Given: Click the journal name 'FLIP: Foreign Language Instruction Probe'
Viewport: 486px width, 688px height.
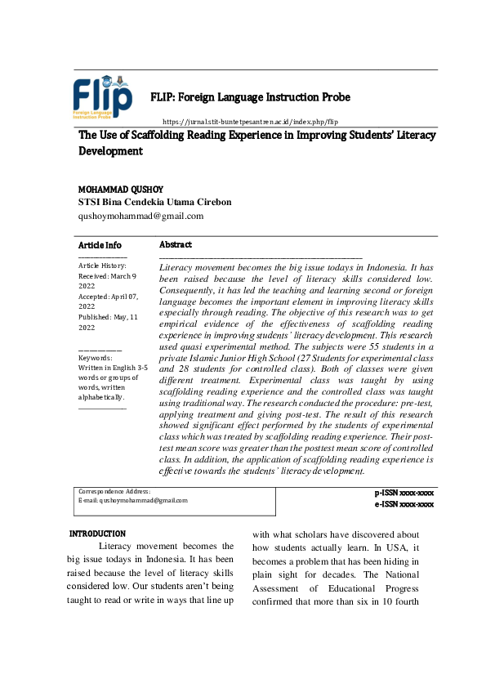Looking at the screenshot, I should (x=250, y=97).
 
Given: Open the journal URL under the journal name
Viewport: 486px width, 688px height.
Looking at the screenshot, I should (x=250, y=121).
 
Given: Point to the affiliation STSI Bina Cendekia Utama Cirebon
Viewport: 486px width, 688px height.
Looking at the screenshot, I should (x=154, y=202).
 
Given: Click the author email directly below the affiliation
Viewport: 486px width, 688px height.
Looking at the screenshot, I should (x=140, y=216).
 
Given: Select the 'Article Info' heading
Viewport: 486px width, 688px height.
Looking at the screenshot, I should (x=100, y=245).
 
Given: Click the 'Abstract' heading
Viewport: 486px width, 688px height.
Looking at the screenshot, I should (x=176, y=244).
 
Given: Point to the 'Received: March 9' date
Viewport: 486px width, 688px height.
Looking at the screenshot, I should (x=107, y=276).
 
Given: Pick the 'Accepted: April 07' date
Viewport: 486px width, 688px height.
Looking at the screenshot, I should (x=108, y=297).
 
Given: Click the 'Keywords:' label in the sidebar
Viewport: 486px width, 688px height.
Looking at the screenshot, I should (x=95, y=358).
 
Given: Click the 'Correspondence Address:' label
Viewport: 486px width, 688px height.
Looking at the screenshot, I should (x=114, y=490).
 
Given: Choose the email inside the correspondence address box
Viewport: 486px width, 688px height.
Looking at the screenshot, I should (x=132, y=500).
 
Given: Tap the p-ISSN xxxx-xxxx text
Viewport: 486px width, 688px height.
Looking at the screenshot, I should (x=404, y=494).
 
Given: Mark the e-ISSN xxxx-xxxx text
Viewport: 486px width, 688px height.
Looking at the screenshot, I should (x=404, y=505).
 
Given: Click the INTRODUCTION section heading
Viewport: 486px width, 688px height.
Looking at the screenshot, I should (x=97, y=534).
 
